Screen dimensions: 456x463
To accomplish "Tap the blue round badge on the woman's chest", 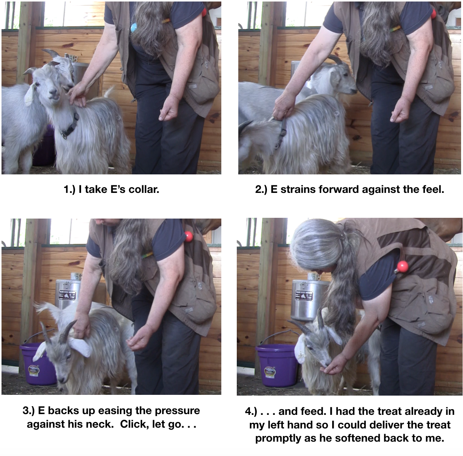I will [134, 27].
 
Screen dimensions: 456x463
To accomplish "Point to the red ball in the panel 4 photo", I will [402, 267].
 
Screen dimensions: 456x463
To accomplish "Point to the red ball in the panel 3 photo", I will [188, 237].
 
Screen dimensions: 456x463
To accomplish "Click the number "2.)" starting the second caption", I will [261, 189].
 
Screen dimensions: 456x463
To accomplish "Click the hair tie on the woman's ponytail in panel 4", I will [342, 238].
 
